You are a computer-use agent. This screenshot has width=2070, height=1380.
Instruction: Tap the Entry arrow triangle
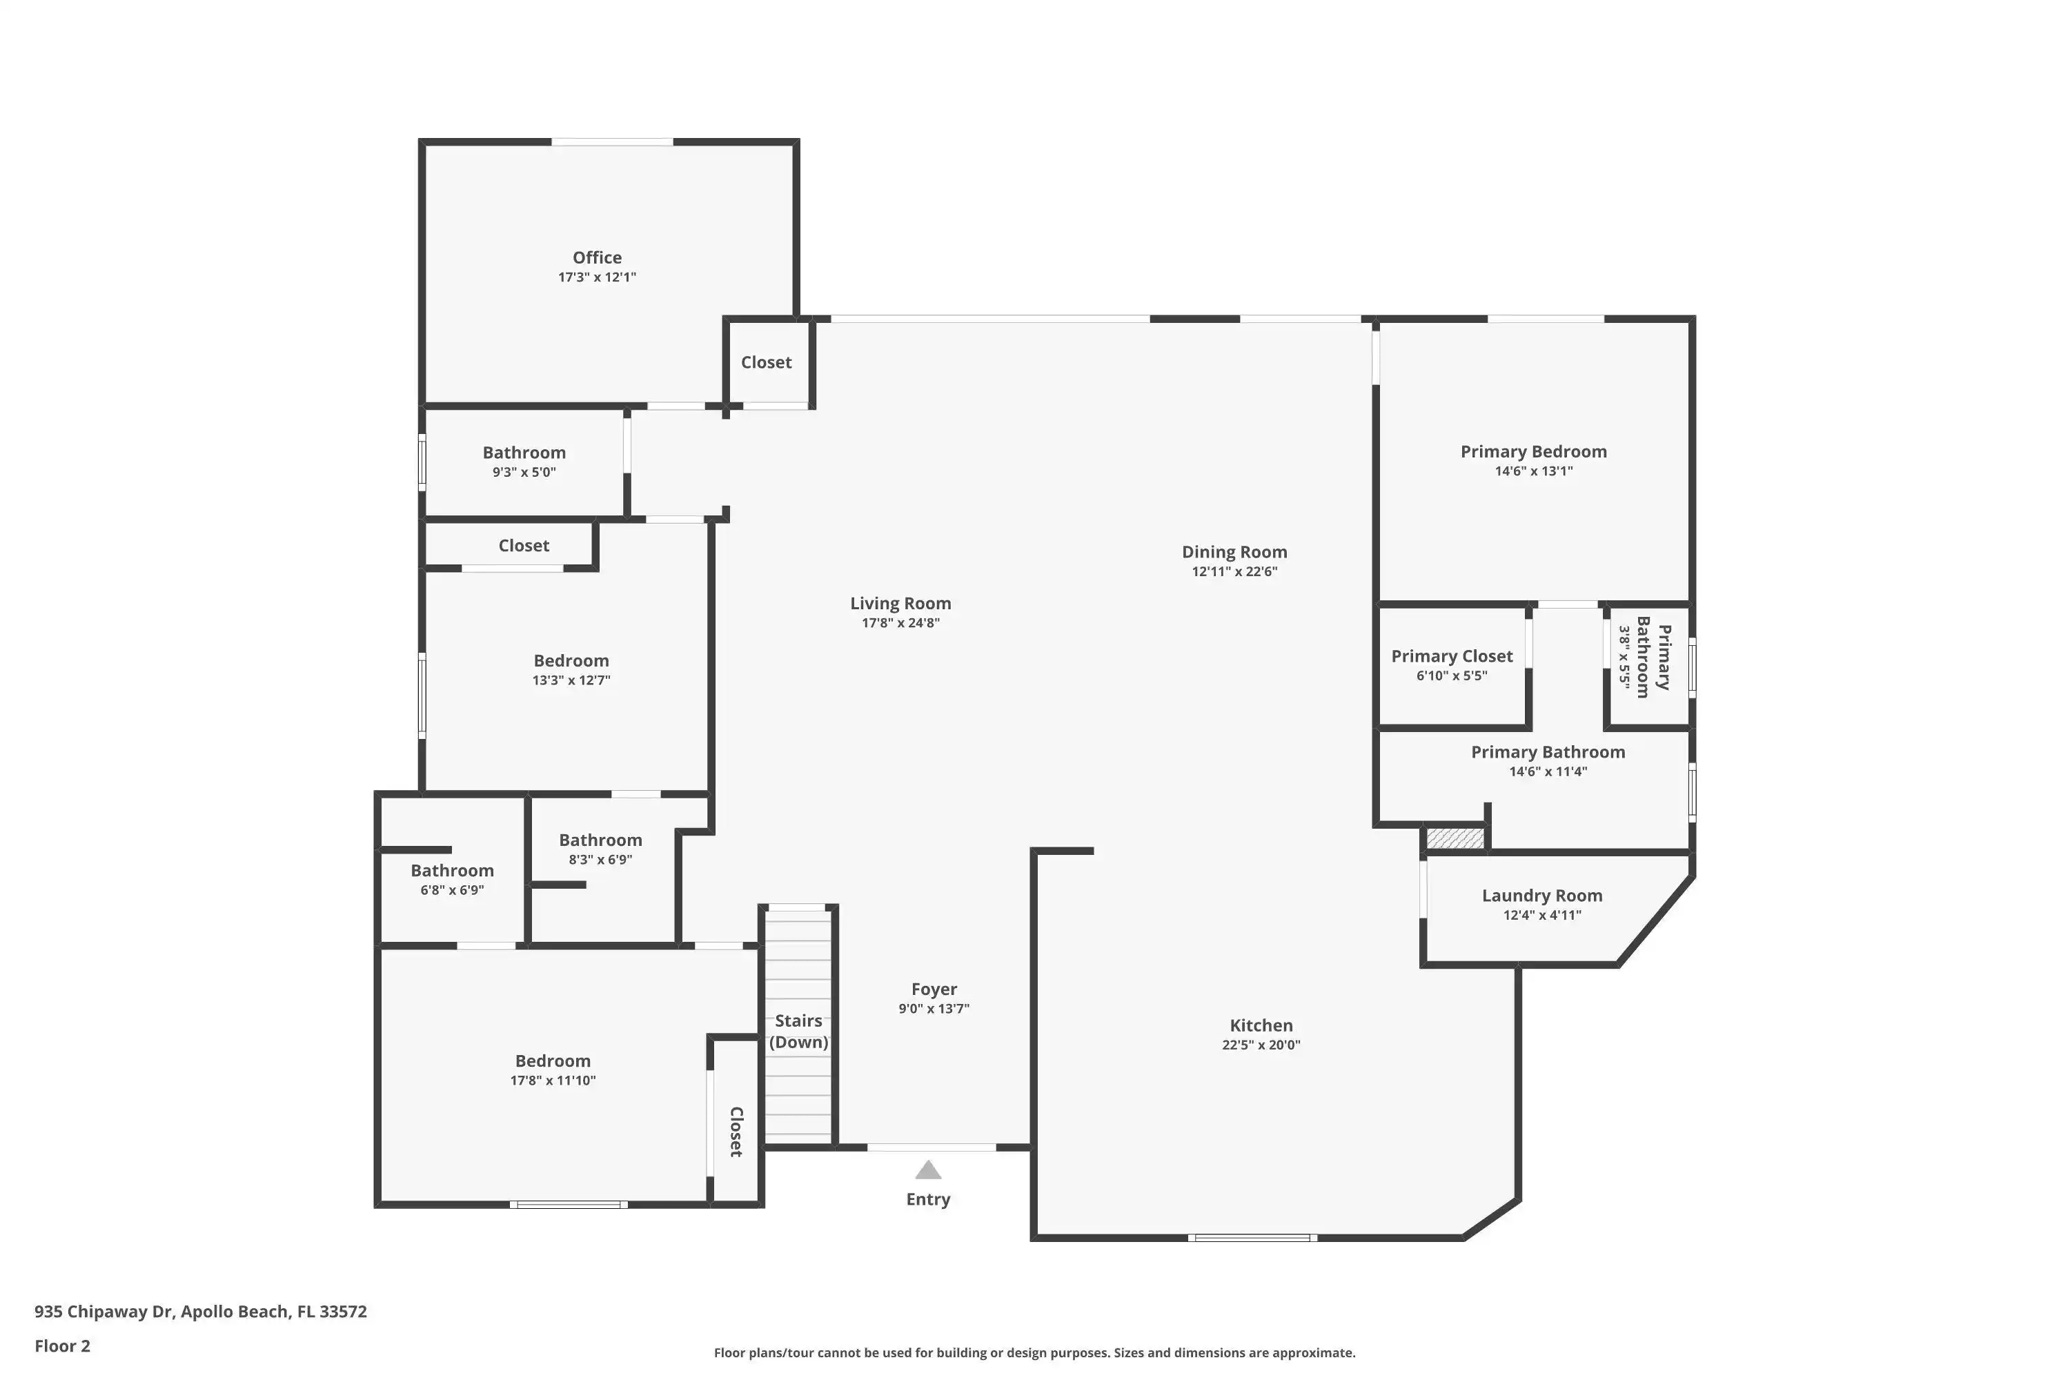coord(927,1170)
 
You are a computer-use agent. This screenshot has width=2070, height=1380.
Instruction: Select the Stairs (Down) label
coord(798,1032)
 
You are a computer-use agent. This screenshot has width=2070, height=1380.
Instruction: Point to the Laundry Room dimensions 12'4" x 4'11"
coord(1542,916)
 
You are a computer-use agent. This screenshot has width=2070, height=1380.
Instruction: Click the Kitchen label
coord(1261,1025)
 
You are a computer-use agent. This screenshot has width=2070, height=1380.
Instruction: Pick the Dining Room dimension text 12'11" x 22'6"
coord(1234,571)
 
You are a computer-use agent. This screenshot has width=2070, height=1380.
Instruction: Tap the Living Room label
coord(900,604)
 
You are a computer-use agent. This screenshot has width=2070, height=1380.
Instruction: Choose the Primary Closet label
coord(1451,657)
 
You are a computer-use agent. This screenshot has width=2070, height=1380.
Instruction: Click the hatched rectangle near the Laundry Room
coord(1455,838)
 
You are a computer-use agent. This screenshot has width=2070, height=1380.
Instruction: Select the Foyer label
coord(934,989)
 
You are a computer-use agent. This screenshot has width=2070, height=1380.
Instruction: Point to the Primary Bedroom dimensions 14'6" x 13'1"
coord(1533,471)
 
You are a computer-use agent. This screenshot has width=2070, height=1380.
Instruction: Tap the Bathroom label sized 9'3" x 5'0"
coord(524,453)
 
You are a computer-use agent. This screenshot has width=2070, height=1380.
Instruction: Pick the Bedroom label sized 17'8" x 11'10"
coord(553,1061)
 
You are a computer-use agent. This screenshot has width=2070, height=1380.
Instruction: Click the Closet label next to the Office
coord(766,363)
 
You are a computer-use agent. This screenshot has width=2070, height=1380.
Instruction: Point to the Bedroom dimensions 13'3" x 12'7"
coord(571,680)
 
